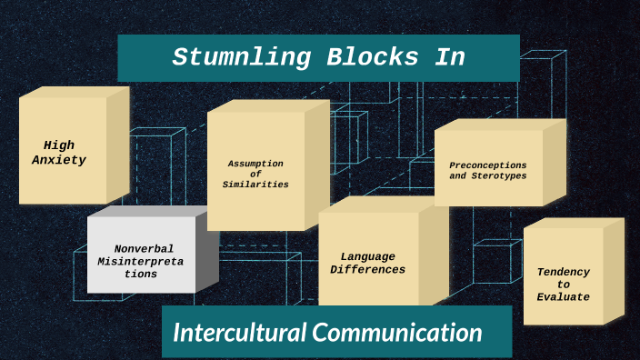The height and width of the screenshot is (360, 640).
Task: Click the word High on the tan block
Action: click(x=59, y=145)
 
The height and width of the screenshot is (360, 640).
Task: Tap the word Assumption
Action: click(x=255, y=164)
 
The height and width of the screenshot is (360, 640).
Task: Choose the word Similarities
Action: click(x=255, y=185)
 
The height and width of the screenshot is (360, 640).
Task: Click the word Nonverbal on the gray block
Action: click(x=144, y=248)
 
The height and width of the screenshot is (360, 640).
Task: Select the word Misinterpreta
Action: click(x=143, y=261)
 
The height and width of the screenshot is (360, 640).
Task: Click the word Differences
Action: click(x=367, y=270)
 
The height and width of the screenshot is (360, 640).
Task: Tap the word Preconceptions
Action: click(x=487, y=165)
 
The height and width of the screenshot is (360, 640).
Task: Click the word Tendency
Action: click(x=563, y=272)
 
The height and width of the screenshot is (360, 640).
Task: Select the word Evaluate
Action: click(x=563, y=297)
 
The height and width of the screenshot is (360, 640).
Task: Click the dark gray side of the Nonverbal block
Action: click(x=206, y=256)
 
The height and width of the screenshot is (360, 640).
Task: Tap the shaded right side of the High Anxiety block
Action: click(x=117, y=144)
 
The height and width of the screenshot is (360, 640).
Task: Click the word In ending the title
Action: click(x=448, y=57)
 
